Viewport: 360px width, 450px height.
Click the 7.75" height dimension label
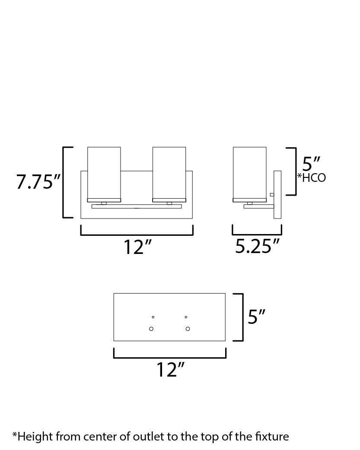pos(38,182)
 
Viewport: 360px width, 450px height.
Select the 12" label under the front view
pos(137,247)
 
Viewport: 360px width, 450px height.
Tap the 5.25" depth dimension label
pos(257,247)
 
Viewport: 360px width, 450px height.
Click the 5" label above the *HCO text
pos(311,164)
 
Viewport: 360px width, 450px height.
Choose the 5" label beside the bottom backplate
pos(256,317)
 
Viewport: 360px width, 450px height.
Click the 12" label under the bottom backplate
pos(170,370)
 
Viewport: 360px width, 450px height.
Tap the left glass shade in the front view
pos(104,173)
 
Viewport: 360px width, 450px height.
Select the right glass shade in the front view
pos(169,173)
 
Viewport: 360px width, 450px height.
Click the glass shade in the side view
pos(249,173)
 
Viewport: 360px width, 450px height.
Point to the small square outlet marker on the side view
pos(272,195)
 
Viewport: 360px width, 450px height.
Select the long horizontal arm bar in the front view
pos(137,206)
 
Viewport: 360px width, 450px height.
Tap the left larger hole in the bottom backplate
pos(151,329)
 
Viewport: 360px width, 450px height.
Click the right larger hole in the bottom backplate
pos(188,329)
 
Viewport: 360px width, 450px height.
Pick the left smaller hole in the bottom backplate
pos(153,317)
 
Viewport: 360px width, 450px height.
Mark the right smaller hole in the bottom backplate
pos(186,317)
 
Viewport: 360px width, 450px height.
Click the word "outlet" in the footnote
pos(147,437)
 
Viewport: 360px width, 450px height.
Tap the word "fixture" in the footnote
pos(271,437)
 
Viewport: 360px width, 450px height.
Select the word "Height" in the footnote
pos(33,437)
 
